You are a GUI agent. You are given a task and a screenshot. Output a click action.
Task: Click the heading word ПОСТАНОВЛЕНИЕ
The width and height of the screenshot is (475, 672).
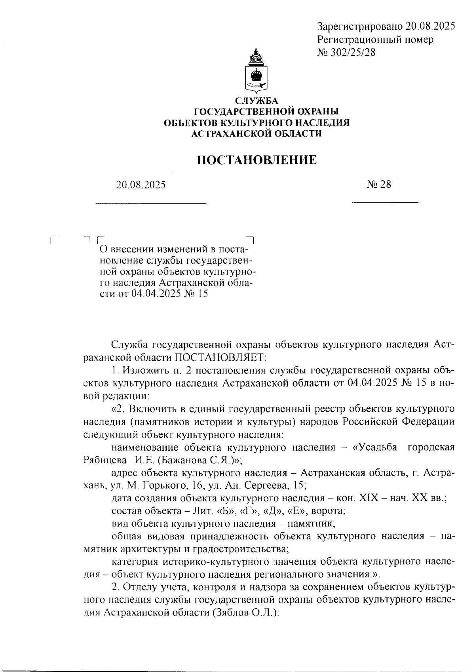[x=257, y=160]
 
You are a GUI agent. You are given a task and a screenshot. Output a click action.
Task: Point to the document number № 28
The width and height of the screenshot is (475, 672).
[x=379, y=185]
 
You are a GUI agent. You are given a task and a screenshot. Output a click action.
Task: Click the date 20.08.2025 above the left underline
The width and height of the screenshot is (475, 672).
[x=141, y=185]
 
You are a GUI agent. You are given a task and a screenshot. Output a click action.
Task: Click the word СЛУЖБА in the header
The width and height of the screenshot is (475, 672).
[x=257, y=101]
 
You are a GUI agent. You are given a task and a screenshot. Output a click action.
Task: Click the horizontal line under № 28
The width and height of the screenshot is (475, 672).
[x=385, y=203]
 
